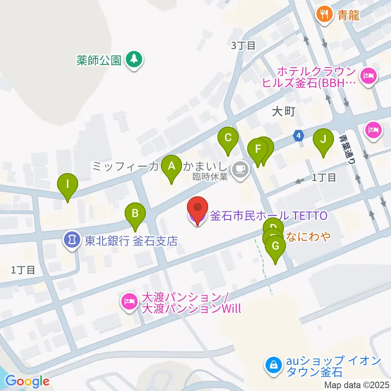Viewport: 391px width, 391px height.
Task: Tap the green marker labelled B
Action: [x=135, y=213]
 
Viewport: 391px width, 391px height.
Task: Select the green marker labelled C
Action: [x=228, y=138]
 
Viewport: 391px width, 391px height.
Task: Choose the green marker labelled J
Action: [x=323, y=139]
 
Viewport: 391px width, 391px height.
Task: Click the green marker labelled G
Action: [x=275, y=246]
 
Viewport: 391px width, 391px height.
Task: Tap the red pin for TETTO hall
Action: [x=198, y=208]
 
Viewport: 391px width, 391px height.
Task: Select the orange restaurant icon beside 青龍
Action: [x=324, y=15]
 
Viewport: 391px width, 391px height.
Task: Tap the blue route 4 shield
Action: [x=299, y=135]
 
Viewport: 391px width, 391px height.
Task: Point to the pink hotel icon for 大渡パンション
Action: [x=129, y=301]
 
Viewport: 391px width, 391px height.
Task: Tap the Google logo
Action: [x=28, y=381]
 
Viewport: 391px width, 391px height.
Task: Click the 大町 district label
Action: [x=283, y=112]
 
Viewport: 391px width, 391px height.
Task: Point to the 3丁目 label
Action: [x=243, y=45]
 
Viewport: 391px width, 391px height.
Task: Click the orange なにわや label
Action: [x=308, y=236]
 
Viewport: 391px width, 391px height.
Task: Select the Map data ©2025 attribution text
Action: [x=357, y=385]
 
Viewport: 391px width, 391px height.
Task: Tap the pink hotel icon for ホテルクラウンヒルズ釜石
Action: [x=369, y=76]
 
